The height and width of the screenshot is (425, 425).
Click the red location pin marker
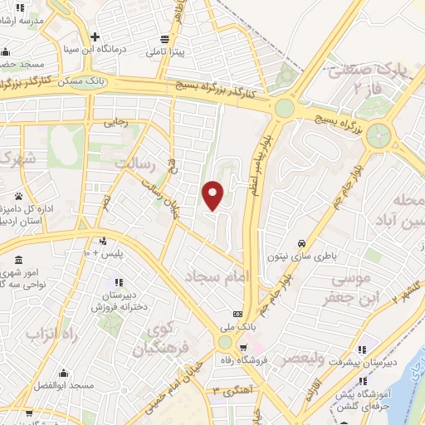tap(214, 194)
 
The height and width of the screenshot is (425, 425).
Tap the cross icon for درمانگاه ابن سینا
tap(96, 37)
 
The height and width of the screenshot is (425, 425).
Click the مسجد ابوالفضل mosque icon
tap(64, 373)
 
